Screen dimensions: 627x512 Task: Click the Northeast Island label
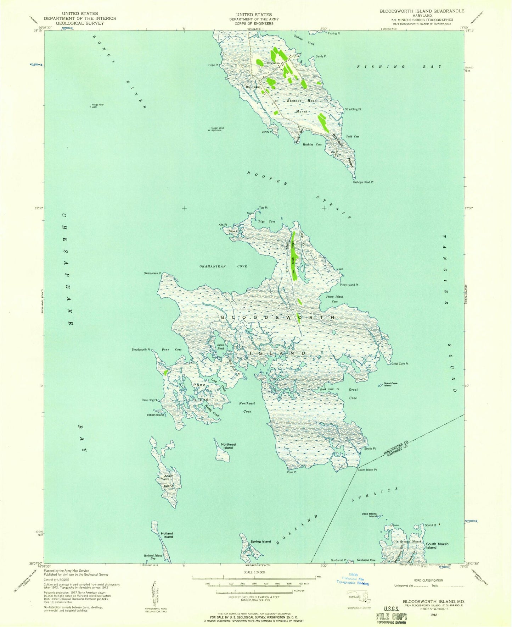(x=229, y=446)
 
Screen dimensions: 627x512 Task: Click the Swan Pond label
(x=221, y=347)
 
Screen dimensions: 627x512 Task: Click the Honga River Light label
(x=97, y=105)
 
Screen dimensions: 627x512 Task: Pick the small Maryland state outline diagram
(x=359, y=596)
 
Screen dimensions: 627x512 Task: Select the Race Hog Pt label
(x=149, y=400)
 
